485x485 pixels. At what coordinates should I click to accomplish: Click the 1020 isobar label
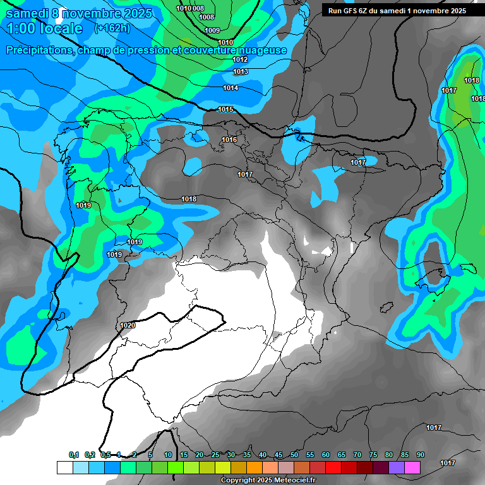[127, 325]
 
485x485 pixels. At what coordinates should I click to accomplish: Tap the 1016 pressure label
[229, 140]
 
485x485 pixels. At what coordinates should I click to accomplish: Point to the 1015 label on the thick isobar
[225, 110]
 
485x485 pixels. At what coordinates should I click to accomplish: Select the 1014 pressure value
[231, 88]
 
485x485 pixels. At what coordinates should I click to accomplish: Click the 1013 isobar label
[241, 72]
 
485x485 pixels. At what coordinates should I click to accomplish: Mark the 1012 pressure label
[240, 59]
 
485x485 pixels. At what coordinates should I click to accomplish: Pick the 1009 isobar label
[213, 30]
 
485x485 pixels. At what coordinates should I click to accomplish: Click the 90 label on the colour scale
[420, 455]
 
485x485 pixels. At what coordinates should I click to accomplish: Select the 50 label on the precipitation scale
[294, 455]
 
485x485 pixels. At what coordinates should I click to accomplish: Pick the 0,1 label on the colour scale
[74, 455]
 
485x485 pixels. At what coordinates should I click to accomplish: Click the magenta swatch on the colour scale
[412, 467]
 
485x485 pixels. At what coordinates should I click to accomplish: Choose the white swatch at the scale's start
[64, 467]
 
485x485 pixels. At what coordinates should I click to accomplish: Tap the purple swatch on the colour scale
[397, 467]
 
